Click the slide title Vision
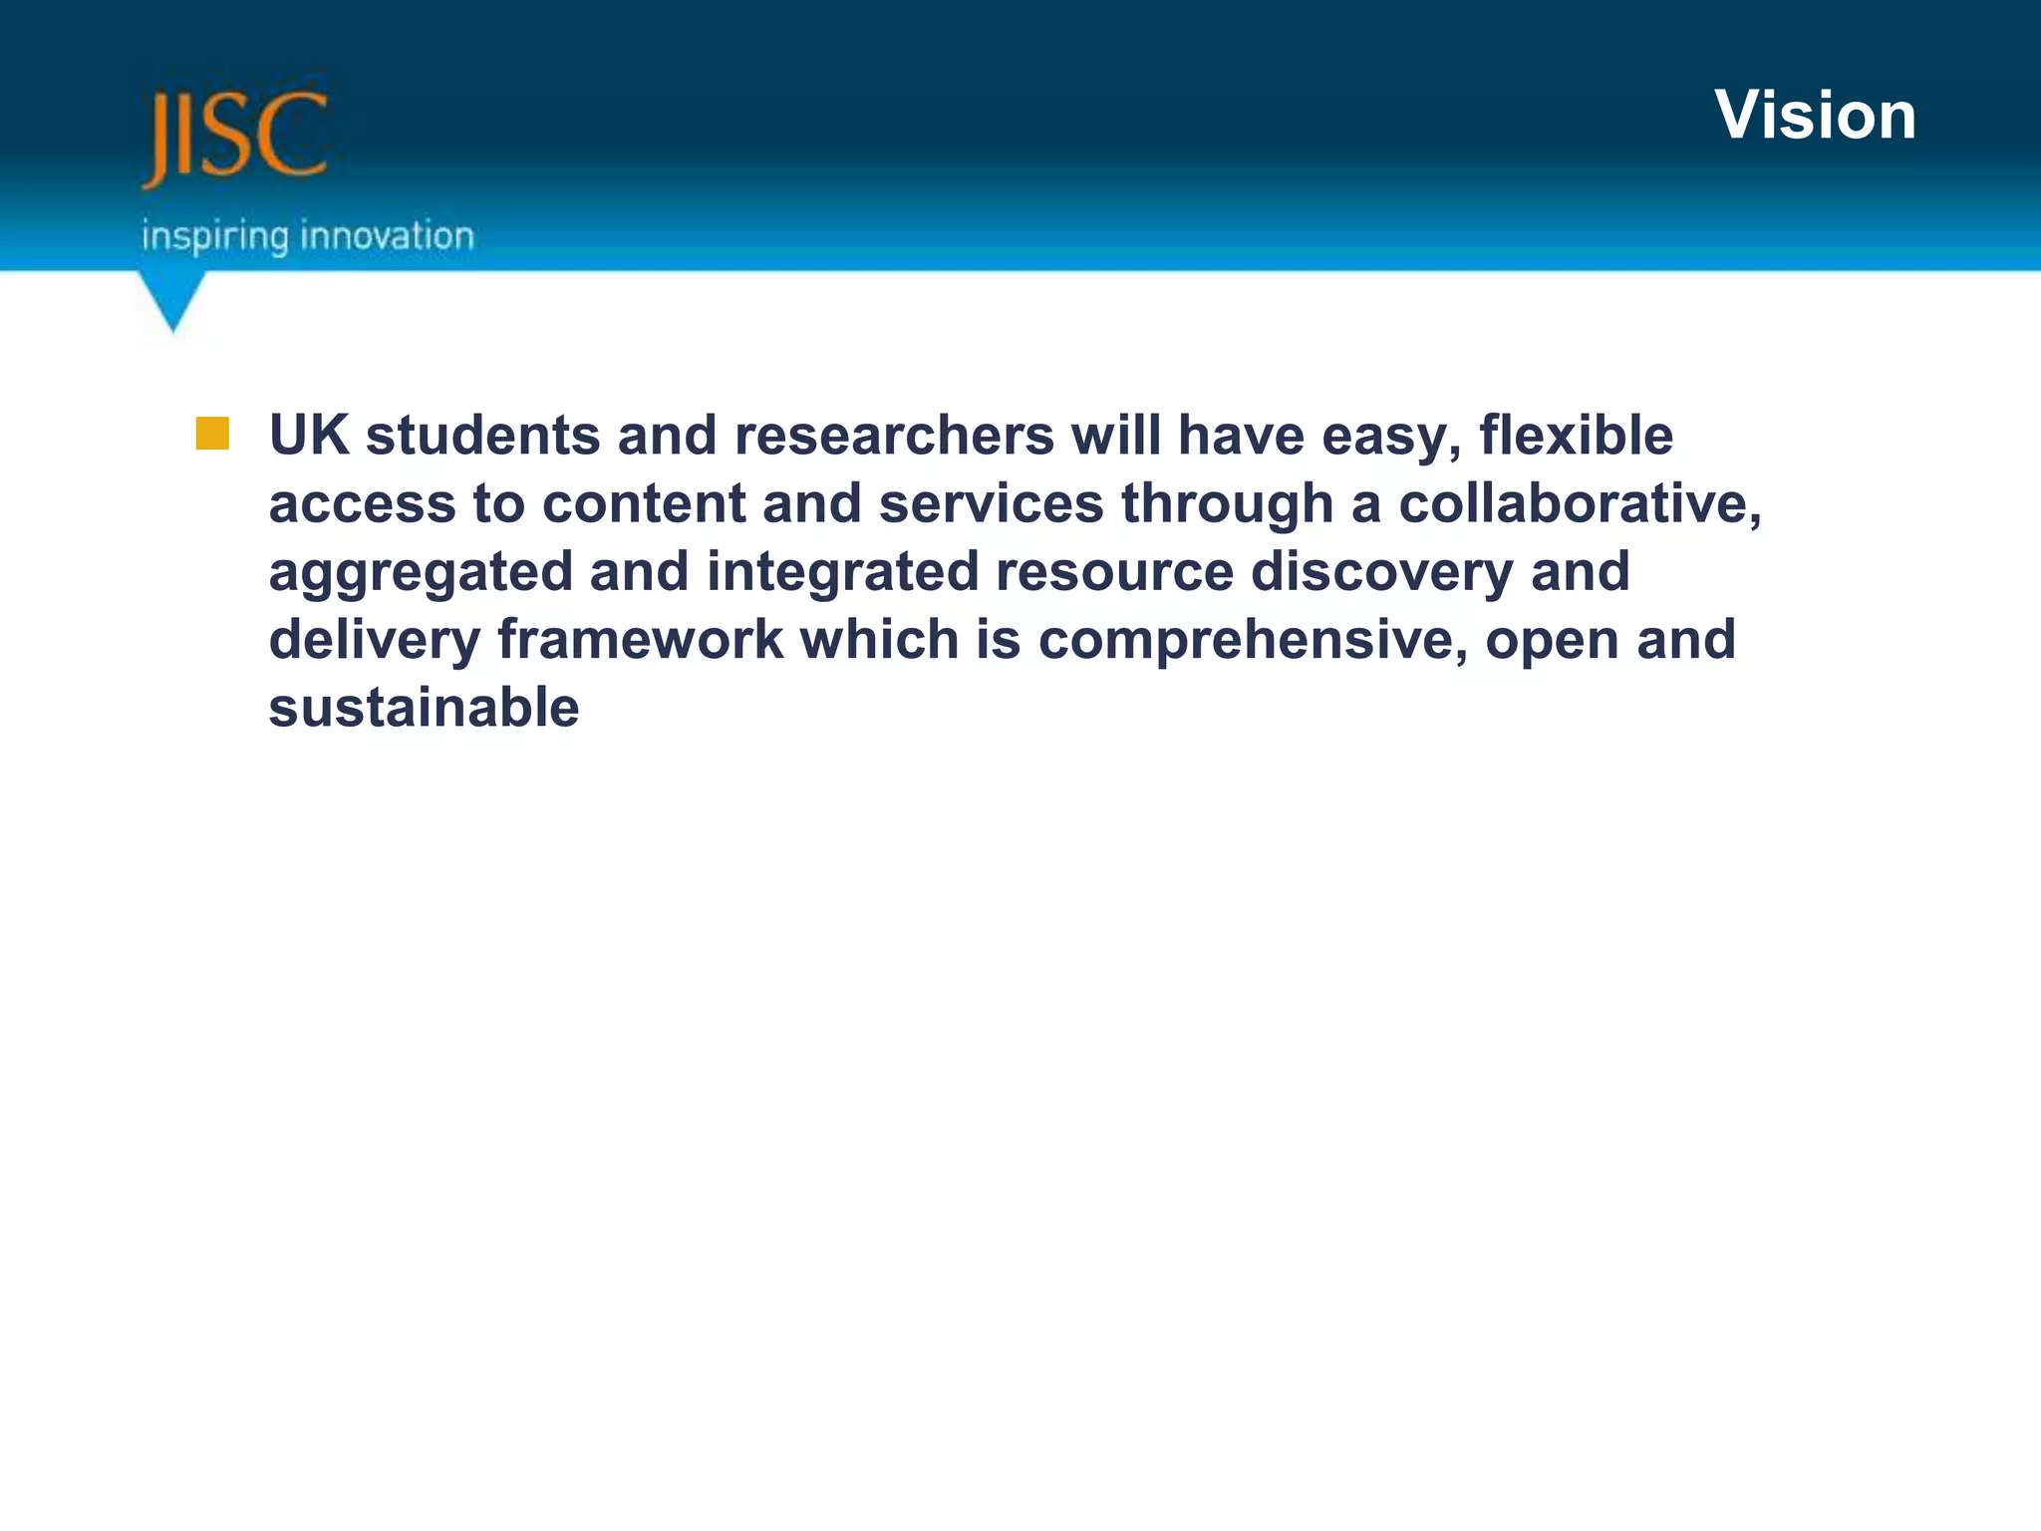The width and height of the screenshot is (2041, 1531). tap(1815, 116)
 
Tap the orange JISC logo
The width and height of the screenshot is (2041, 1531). tap(235, 137)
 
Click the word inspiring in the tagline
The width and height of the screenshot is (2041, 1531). tap(214, 237)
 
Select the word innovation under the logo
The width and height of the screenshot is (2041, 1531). tap(387, 236)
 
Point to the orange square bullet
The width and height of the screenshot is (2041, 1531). tap(212, 435)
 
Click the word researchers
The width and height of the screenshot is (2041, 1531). tap(894, 436)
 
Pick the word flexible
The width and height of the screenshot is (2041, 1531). tap(1576, 436)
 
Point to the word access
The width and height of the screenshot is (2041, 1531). tap(363, 503)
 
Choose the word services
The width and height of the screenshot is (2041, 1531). tap(991, 503)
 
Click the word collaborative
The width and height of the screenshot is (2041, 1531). tap(1580, 503)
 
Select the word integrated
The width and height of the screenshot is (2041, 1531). tap(842, 571)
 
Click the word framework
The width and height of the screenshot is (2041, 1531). tap(640, 639)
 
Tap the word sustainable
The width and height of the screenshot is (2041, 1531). tap(424, 708)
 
